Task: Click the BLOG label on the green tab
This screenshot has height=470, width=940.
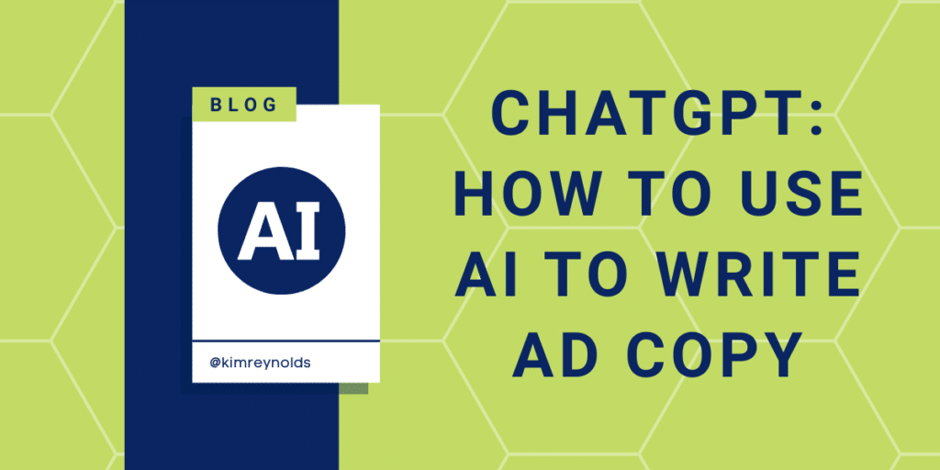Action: (x=243, y=106)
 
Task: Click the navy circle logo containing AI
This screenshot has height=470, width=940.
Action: (x=281, y=230)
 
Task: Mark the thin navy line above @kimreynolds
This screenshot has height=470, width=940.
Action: (x=285, y=341)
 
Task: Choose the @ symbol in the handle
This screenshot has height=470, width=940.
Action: (x=214, y=364)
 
